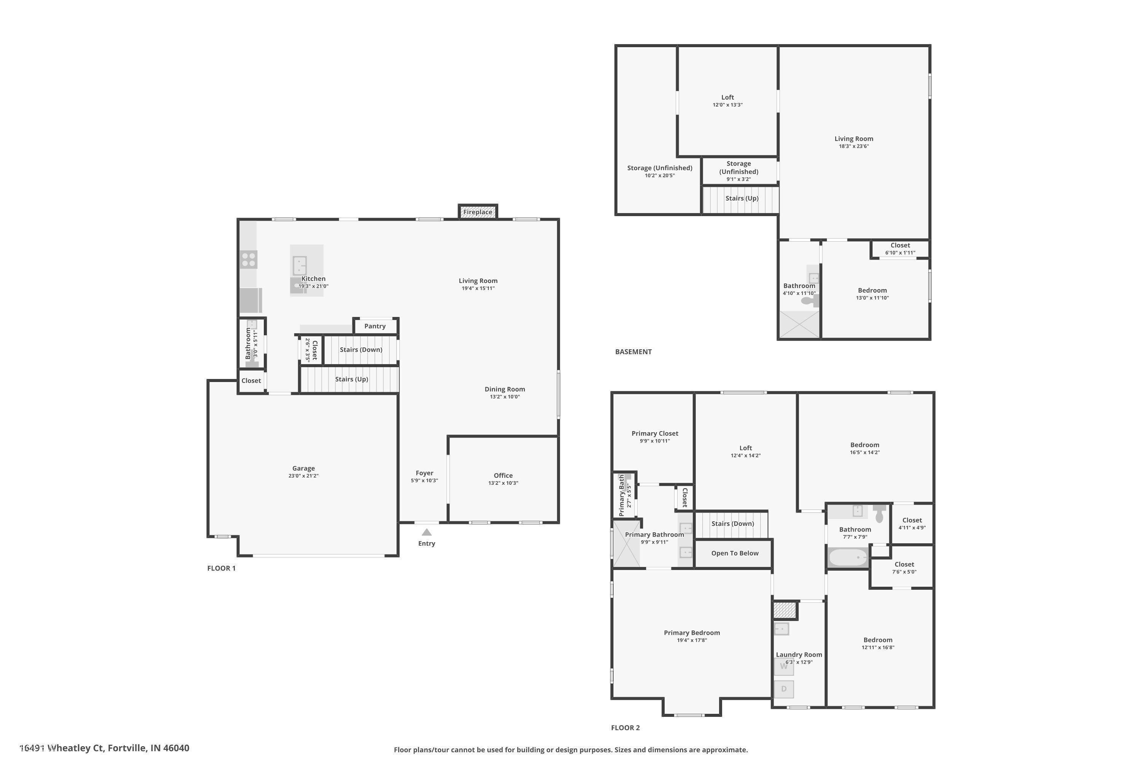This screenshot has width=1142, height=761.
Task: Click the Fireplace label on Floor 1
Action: coord(478,212)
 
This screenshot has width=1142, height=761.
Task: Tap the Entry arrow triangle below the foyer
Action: coord(426,532)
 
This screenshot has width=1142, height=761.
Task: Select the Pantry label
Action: coord(375,326)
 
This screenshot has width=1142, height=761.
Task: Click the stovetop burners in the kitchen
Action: coord(249,260)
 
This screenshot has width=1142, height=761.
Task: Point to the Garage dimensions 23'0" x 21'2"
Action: coord(303,476)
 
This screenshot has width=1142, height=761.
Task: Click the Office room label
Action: coord(503,475)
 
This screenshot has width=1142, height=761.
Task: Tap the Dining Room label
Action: coord(504,389)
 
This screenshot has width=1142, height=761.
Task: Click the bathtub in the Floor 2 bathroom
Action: coord(848,557)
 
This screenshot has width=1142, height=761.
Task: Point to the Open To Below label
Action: coord(735,553)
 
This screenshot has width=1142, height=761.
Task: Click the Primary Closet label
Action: coord(654,433)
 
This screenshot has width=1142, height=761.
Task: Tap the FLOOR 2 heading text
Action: coord(625,728)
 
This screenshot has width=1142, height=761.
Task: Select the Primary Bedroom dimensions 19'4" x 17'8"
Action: coord(692,640)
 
